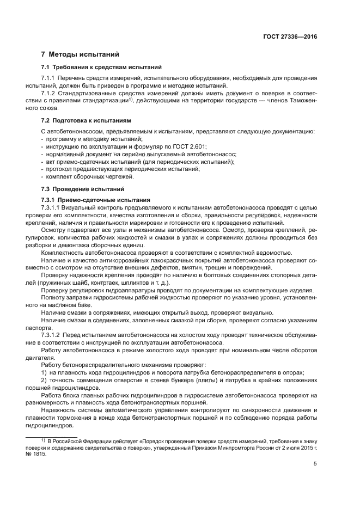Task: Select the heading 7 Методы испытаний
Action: click(x=80, y=54)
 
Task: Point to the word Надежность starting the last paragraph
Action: click(x=59, y=408)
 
